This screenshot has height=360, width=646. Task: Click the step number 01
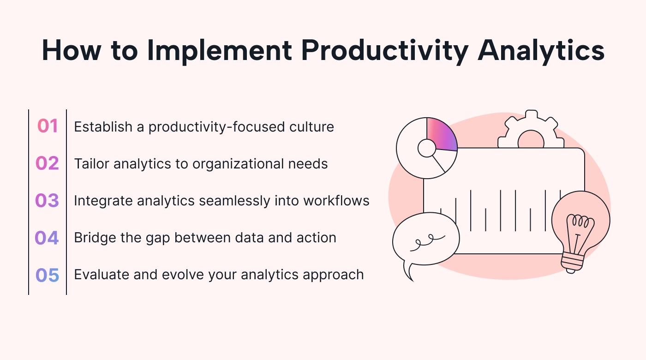pos(48,126)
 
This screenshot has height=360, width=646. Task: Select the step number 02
pos(47,163)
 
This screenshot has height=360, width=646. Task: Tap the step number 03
pos(47,200)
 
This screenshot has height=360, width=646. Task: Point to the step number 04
pos(47,238)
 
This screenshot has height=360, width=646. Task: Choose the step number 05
pos(47,275)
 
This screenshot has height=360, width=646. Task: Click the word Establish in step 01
pos(103,127)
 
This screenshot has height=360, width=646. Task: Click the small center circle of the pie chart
pos(427,148)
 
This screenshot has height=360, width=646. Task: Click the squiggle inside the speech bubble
pos(427,242)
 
